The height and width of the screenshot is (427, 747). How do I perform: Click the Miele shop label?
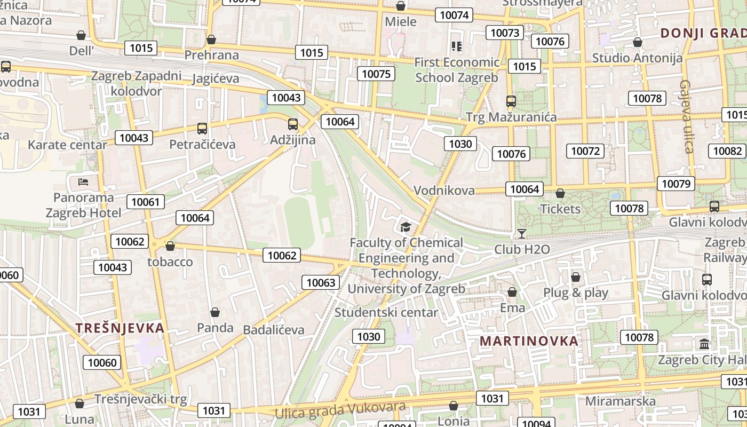[x=400, y=21]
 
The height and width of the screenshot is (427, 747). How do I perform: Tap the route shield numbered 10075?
[x=376, y=74]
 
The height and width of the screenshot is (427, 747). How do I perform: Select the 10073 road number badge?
[x=504, y=33]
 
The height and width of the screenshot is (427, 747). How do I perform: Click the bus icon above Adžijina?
[x=292, y=124]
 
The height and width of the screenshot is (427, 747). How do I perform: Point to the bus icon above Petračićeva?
[x=202, y=128]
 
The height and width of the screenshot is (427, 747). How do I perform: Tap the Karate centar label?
[x=67, y=145]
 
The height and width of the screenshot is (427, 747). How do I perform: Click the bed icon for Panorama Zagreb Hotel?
[x=83, y=182]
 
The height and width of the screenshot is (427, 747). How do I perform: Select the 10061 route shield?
[x=145, y=202]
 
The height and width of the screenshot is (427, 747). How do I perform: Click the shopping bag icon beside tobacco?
[x=170, y=246]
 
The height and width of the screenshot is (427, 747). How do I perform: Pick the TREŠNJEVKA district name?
[x=120, y=328]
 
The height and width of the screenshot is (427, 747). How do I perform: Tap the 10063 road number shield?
[x=321, y=282]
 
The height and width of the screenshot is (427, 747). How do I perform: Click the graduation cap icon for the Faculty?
[x=406, y=227]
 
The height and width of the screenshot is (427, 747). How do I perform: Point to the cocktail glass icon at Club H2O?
[x=521, y=234]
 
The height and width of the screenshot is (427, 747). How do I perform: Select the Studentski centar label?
[x=386, y=312]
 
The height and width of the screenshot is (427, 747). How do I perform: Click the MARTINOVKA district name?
[x=529, y=341]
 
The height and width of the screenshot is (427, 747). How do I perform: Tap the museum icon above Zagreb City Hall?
[x=704, y=344]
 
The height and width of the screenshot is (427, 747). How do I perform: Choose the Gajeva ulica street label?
[x=687, y=116]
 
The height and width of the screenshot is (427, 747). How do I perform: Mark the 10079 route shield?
[x=676, y=184]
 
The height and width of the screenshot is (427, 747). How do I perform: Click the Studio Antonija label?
[x=637, y=58]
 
